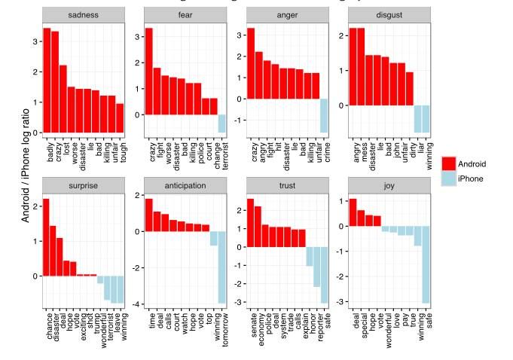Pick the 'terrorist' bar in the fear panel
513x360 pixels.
(x=222, y=124)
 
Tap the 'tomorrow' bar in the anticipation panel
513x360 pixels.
(x=222, y=267)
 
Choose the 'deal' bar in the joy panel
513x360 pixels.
(x=353, y=212)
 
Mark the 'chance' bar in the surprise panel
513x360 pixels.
(x=47, y=237)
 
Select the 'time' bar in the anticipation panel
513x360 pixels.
(x=148, y=215)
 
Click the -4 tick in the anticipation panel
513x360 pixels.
(x=136, y=304)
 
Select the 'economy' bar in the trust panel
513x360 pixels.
(x=258, y=226)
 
